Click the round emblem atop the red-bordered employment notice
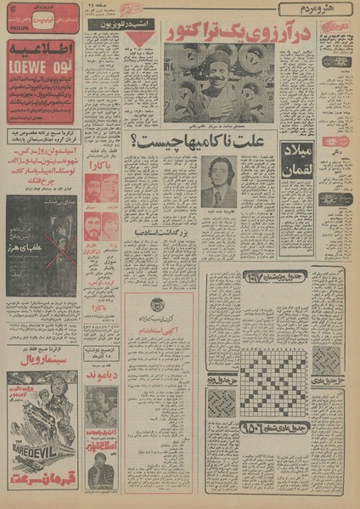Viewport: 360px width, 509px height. pos(156,306)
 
